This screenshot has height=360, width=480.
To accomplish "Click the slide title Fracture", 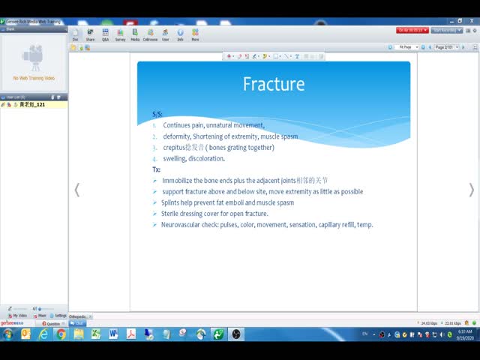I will [x=274, y=84].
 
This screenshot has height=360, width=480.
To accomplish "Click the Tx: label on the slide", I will [x=156, y=169].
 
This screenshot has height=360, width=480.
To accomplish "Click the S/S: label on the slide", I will [x=157, y=114].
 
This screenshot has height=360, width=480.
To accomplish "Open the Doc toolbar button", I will [x=76, y=34].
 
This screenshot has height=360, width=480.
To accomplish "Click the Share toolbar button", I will [x=90, y=34].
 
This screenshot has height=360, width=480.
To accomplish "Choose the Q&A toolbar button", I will [x=105, y=34].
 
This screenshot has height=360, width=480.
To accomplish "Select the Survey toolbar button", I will [x=120, y=34].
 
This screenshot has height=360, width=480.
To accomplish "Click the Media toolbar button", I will [x=135, y=34].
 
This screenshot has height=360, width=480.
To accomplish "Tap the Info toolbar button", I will [x=180, y=34].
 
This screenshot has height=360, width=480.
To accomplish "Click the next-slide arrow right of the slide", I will [x=471, y=190].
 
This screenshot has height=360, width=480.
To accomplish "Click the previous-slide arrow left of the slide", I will [x=76, y=190].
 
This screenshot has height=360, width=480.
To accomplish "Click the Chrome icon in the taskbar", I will [x=61, y=334].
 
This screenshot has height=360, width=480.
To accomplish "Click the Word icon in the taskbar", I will [x=113, y=334].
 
